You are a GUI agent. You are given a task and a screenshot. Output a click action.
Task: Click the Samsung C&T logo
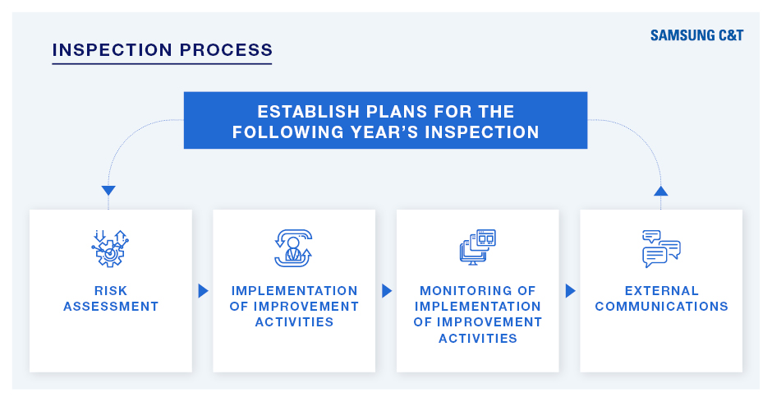tap(696, 35)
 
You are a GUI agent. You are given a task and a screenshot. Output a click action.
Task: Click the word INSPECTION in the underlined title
tap(113, 50)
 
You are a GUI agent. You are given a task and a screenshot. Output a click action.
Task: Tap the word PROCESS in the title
tap(226, 50)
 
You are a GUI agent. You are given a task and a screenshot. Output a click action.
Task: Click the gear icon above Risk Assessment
tap(110, 248)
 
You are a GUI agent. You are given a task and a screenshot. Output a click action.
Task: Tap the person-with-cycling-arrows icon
tap(293, 247)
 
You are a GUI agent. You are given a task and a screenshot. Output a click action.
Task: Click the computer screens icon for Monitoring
tap(478, 247)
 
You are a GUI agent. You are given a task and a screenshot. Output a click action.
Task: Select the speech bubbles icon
tap(661, 249)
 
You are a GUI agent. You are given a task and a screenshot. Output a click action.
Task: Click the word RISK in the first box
tap(111, 291)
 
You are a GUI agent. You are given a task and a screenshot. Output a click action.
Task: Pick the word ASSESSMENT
tap(111, 307)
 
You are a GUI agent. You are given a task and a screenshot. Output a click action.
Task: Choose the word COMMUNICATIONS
tap(661, 307)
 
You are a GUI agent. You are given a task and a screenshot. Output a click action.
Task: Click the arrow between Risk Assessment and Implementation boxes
tap(203, 291)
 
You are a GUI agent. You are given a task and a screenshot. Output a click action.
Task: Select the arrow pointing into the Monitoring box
tap(387, 291)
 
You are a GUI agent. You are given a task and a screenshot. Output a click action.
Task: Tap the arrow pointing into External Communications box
tap(570, 291)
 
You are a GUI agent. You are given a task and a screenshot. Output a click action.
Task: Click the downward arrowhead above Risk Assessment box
tap(108, 190)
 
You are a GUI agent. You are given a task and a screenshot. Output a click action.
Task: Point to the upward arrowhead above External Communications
tap(661, 191)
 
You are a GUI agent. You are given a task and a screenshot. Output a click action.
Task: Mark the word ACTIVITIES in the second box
tap(294, 322)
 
